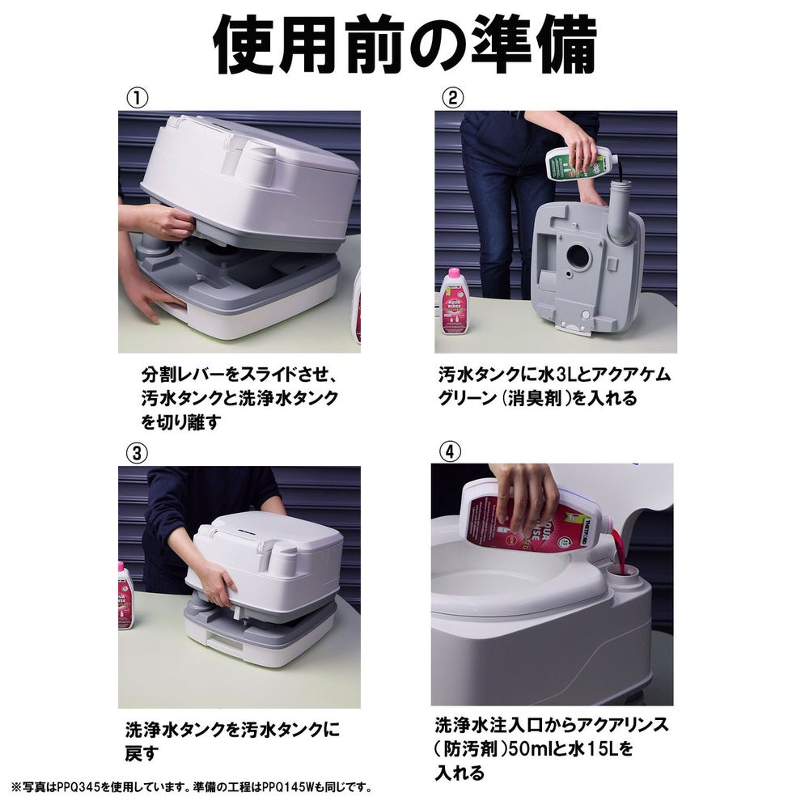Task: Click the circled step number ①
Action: pos(138,98)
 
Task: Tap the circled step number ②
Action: pos(453,98)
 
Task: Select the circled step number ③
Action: pos(137,454)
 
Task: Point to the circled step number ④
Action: pos(449,452)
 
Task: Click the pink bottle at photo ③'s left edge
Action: pos(126,595)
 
